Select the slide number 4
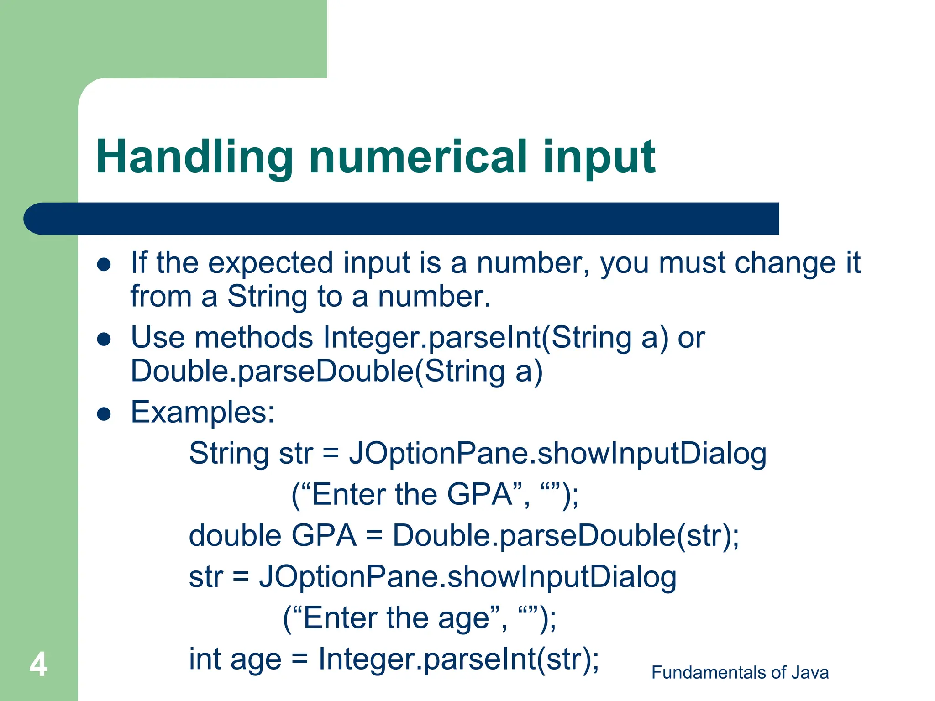38,664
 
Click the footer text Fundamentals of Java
740,673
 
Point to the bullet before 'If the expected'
105,265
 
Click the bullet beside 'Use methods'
105,339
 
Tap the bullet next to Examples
105,414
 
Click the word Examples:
203,413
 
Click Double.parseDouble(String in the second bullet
318,371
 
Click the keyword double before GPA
235,536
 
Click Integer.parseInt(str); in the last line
458,659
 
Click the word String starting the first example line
229,454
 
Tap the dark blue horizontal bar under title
401,219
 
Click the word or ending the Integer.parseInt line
691,338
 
